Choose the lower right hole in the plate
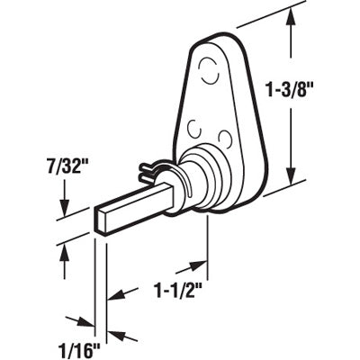click(x=225, y=138)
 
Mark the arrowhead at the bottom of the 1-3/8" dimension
click(x=292, y=176)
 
